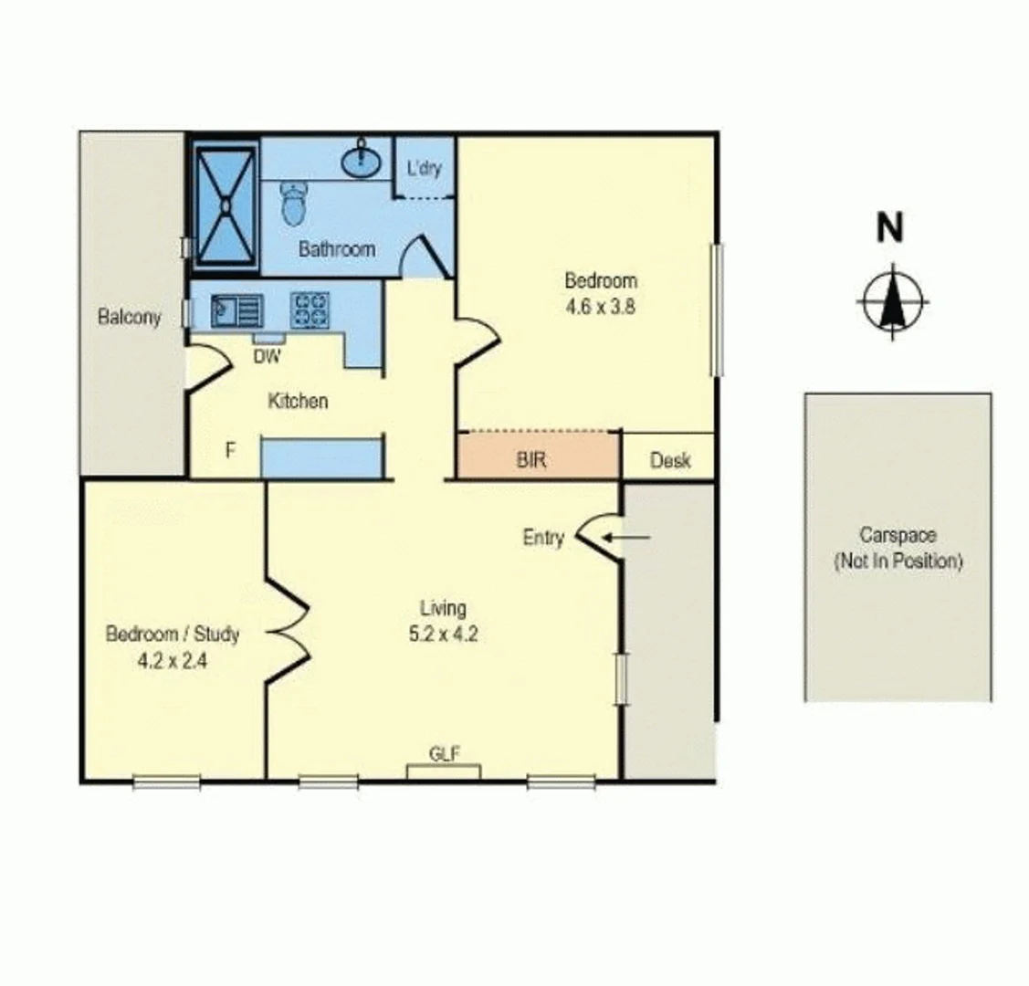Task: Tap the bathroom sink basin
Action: pos(362,162)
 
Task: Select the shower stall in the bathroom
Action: pos(225,205)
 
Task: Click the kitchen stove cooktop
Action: pos(310,309)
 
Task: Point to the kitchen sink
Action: pos(236,310)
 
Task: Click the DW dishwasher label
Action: pos(268,357)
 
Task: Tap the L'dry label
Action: pos(424,168)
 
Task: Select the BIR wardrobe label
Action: pos(531,460)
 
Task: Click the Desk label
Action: pos(669,461)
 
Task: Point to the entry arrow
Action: pos(628,538)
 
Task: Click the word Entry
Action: pos(542,539)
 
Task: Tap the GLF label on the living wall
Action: pos(444,753)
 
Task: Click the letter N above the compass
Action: pos(889,227)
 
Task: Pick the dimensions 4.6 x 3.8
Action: pos(600,307)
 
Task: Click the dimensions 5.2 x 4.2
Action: pos(443,633)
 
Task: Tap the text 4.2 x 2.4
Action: pos(172,660)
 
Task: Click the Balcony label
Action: pos(129,317)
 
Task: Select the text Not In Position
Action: pos(898,561)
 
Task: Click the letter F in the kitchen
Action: pos(230,450)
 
